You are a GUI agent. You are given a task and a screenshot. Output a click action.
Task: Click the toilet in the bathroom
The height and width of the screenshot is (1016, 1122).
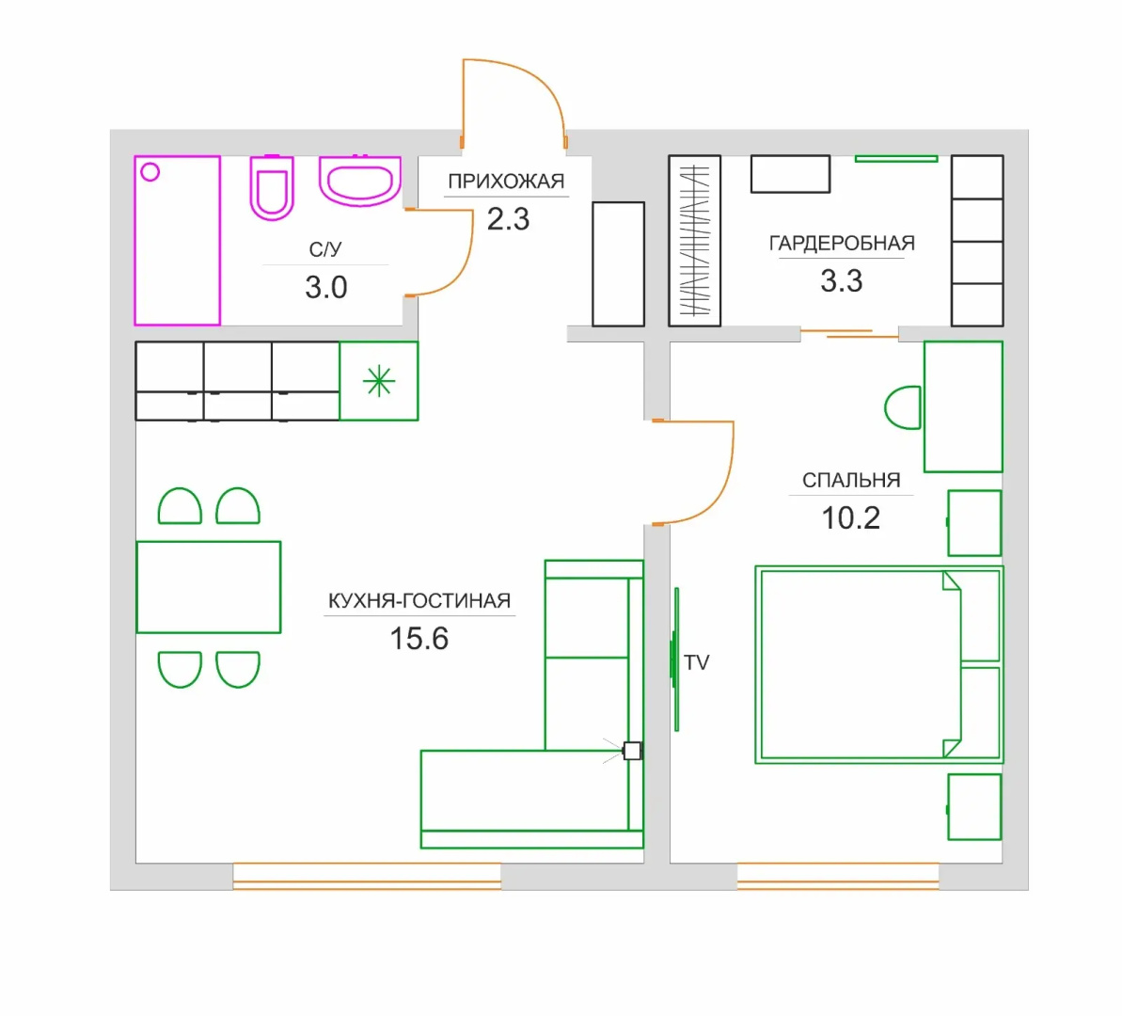point(272,187)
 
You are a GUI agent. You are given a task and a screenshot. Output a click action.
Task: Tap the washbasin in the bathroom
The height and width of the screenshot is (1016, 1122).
point(359,181)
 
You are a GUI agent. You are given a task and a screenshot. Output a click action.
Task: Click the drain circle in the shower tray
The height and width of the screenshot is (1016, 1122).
point(150,172)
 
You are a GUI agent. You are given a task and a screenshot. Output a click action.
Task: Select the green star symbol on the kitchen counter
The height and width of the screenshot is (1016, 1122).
point(378,381)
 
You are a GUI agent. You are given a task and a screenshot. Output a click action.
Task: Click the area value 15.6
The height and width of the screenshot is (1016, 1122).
point(419,639)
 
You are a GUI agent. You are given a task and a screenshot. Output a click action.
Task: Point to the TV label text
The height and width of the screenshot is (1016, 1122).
point(696,662)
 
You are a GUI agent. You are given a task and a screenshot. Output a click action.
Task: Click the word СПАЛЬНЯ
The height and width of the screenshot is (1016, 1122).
point(851,480)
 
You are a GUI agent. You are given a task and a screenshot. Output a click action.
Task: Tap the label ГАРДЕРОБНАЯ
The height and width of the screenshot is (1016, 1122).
point(842,244)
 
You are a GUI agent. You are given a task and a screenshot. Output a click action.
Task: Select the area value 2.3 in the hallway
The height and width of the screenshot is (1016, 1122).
point(508,219)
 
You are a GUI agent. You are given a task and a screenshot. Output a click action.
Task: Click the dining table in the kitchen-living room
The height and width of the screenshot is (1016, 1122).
point(208,587)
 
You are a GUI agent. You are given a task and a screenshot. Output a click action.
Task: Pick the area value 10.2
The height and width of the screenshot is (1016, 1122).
point(850,518)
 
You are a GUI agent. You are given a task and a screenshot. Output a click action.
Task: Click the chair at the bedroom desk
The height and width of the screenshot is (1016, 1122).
point(903,407)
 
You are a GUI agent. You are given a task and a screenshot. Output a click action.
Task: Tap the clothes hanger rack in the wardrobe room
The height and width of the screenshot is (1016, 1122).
point(694,241)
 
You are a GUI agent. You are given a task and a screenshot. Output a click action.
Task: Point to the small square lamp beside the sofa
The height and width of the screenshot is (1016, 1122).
point(633,751)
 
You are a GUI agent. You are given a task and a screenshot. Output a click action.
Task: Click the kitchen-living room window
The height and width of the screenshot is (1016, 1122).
point(367,877)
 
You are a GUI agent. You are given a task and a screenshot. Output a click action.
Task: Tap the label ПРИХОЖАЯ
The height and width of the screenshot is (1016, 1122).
point(506,182)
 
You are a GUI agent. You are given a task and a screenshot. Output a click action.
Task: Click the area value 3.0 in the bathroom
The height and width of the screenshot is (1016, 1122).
point(326,288)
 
